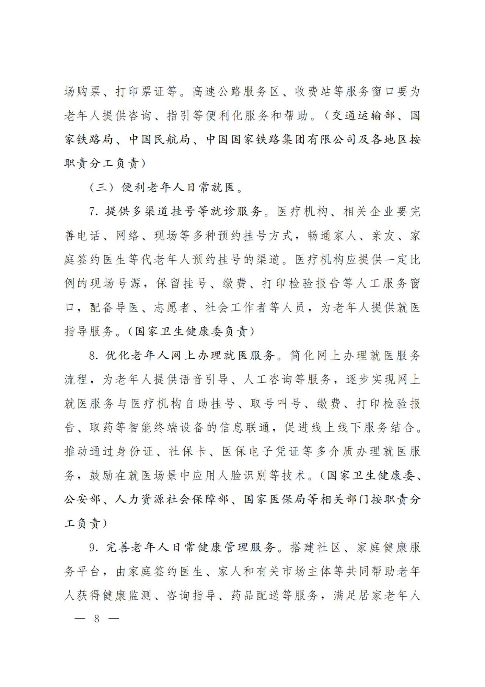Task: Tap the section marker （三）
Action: (102, 188)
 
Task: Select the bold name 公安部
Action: (82, 499)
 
